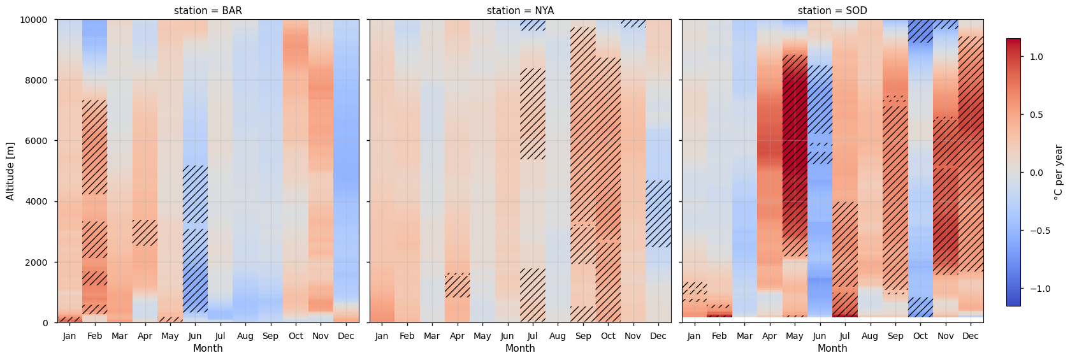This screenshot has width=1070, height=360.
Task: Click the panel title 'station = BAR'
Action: [x=208, y=11]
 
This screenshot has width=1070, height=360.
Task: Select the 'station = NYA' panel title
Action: [x=520, y=11]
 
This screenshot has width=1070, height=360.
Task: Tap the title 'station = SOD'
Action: [x=832, y=11]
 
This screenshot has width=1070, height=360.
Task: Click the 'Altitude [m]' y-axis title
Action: [x=10, y=171]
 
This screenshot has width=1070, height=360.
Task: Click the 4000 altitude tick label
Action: [x=38, y=201]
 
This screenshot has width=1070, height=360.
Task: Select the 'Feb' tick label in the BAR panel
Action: [x=94, y=336]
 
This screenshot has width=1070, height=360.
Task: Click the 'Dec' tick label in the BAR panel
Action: [x=345, y=336]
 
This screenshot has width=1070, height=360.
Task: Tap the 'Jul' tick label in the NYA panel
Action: [x=532, y=336]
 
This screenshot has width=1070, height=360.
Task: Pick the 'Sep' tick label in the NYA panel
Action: [x=583, y=336]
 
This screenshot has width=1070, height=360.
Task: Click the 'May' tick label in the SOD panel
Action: [x=794, y=336]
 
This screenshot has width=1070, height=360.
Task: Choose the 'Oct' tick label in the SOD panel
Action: [x=920, y=336]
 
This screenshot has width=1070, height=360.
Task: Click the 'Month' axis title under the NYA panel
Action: [x=520, y=349]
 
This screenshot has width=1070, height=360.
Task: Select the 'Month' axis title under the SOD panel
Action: [x=832, y=349]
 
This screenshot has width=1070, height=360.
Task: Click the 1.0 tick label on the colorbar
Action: [x=1036, y=57]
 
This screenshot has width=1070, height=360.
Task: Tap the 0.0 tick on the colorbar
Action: [x=1036, y=173]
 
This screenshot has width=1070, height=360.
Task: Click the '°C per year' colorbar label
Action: [x=1058, y=172]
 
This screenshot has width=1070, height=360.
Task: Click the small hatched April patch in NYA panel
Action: [x=457, y=285]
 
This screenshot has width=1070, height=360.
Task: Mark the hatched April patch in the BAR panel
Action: [x=145, y=233]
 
